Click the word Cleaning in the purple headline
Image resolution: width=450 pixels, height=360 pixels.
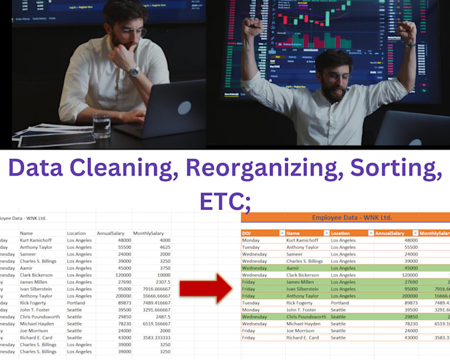pyautogui.click(x=119, y=169)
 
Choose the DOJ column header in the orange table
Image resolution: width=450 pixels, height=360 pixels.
pyautogui.click(x=247, y=233)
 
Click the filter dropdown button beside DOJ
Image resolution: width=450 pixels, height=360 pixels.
pyautogui.click(x=281, y=233)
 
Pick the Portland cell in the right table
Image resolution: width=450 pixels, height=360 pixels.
pyautogui.click(x=341, y=302)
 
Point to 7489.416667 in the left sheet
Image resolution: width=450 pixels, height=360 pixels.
pyautogui.click(x=152, y=302)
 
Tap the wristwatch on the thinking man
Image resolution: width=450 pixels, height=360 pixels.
pyautogui.click(x=134, y=72)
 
